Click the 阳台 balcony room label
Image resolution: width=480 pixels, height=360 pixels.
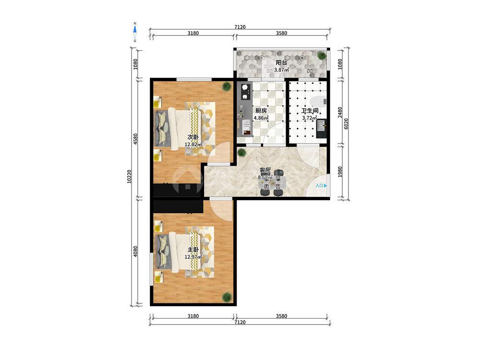[281, 62]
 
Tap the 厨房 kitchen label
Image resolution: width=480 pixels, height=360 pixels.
[261, 111]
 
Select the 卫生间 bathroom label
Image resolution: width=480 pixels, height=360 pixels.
[310, 111]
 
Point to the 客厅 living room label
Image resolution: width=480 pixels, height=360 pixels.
[265, 170]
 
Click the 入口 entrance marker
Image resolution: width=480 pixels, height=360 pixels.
[321, 185]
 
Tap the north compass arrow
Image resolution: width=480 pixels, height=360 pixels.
[135, 30]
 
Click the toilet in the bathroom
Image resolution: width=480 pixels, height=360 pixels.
[319, 100]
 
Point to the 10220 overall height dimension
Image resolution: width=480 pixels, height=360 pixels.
[130, 177]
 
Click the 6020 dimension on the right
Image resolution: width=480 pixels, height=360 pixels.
[346, 124]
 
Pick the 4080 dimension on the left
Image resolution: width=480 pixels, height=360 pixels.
[136, 252]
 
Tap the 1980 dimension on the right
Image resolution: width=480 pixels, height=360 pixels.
[340, 172]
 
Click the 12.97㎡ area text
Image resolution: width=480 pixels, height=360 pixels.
[193, 257]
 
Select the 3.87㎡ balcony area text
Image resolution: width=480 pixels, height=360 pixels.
[281, 70]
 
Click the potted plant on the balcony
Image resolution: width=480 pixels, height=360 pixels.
[322, 55]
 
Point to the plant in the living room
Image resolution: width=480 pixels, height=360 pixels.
[242, 152]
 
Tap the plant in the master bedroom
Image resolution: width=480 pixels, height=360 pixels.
[227, 297]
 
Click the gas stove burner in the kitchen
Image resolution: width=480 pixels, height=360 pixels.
[245, 87]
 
